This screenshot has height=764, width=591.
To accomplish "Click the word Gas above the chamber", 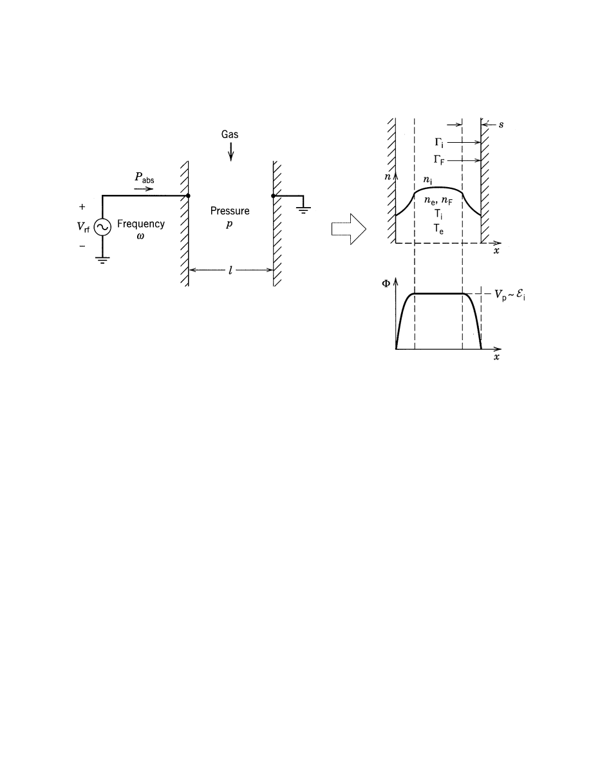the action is tap(230, 134).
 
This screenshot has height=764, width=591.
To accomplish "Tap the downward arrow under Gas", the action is tap(231, 151).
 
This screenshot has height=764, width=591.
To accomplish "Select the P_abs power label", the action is tap(144, 178).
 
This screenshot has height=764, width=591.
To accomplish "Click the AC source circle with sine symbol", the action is tap(102, 227).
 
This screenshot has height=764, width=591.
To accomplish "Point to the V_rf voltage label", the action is tap(84, 226).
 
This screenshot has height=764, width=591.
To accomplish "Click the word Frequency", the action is tap(141, 224).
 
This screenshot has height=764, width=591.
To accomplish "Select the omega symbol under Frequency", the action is tap(140, 236).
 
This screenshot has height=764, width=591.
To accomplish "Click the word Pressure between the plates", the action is tap(230, 211).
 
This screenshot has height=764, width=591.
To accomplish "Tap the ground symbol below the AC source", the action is tap(102, 260).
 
